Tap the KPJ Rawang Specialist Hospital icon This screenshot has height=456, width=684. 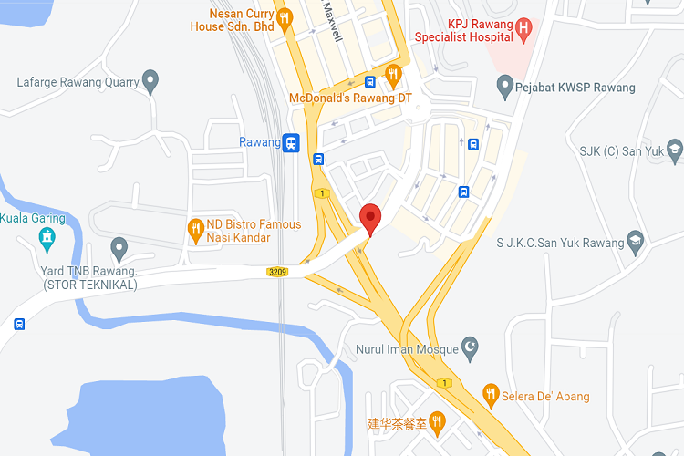(523, 27)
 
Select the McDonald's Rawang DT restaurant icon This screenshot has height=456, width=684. (393, 74)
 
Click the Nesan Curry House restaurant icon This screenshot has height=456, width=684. (285, 17)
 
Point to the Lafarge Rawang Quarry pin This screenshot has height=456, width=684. (151, 81)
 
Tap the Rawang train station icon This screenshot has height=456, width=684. (291, 142)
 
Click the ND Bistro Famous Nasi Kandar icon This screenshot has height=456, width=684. (194, 229)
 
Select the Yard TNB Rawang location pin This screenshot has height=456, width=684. (119, 246)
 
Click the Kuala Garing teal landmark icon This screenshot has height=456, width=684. (47, 239)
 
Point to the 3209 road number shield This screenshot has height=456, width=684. (278, 272)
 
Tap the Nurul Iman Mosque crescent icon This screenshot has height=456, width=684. (471, 347)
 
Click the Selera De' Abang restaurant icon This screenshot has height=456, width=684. (491, 394)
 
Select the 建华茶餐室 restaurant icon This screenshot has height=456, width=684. (438, 420)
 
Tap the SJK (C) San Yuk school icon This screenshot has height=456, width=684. (674, 150)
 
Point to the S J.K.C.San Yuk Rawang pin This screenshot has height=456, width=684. (637, 242)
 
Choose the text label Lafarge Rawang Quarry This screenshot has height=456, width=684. (78, 82)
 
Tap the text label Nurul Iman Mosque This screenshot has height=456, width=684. (409, 349)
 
